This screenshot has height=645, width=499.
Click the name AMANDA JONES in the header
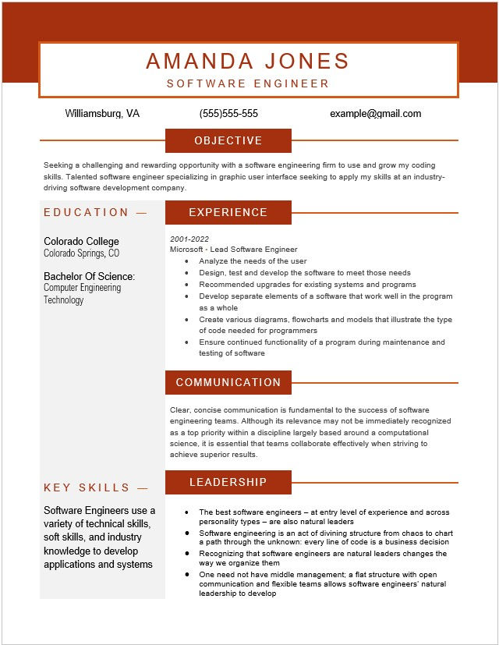tap(247, 61)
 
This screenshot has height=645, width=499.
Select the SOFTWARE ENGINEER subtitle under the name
tap(247, 83)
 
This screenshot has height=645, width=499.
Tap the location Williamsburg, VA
tap(102, 114)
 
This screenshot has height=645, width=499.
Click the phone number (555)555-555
tap(228, 114)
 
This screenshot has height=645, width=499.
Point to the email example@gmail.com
tap(375, 114)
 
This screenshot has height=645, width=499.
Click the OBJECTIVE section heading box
tap(228, 140)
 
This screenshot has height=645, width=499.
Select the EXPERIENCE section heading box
tap(228, 212)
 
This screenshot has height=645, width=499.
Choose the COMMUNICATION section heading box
tap(228, 382)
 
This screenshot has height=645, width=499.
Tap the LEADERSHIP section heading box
tap(228, 482)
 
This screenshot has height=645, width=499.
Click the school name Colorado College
tap(81, 242)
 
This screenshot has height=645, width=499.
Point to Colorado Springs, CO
tap(81, 253)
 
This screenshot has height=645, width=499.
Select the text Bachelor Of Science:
tap(89, 276)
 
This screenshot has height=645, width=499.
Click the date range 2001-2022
tap(189, 239)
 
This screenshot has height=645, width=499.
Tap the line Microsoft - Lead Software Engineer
tap(234, 250)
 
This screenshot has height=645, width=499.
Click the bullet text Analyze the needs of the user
tap(253, 261)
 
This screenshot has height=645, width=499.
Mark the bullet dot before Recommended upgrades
tap(186, 285)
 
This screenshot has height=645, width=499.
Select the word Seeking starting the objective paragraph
tap(58, 165)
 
